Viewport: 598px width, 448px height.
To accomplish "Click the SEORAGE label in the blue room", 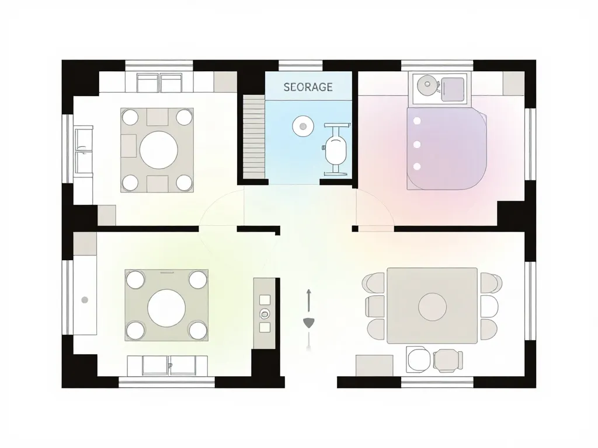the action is click(x=308, y=87).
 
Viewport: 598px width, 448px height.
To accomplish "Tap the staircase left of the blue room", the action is click(x=254, y=136).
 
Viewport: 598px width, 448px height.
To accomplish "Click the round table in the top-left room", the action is click(x=159, y=150).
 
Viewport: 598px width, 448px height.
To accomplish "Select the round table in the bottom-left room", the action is click(x=166, y=308).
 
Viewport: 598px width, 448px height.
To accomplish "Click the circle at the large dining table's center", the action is click(x=433, y=307).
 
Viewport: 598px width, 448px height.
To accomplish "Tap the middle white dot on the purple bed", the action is click(x=417, y=145).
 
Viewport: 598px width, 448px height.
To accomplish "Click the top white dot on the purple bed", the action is click(x=417, y=121).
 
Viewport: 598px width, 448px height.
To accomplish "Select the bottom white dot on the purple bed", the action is click(x=417, y=166).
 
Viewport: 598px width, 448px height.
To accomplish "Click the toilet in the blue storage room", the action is click(x=336, y=149).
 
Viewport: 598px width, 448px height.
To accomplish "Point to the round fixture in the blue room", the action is click(x=303, y=126).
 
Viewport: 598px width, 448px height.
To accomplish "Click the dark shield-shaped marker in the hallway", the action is click(x=308, y=323).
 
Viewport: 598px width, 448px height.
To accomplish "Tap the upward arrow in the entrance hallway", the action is click(x=308, y=299).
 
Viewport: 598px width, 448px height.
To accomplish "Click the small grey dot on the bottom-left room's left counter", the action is click(x=85, y=300).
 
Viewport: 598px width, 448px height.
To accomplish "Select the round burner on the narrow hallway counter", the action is click(x=265, y=314).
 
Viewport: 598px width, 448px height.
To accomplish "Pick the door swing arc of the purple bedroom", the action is click(x=380, y=201).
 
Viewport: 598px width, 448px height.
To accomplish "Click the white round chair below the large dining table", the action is click(x=418, y=359).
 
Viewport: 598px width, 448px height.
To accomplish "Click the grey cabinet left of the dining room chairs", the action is click(x=374, y=366).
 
